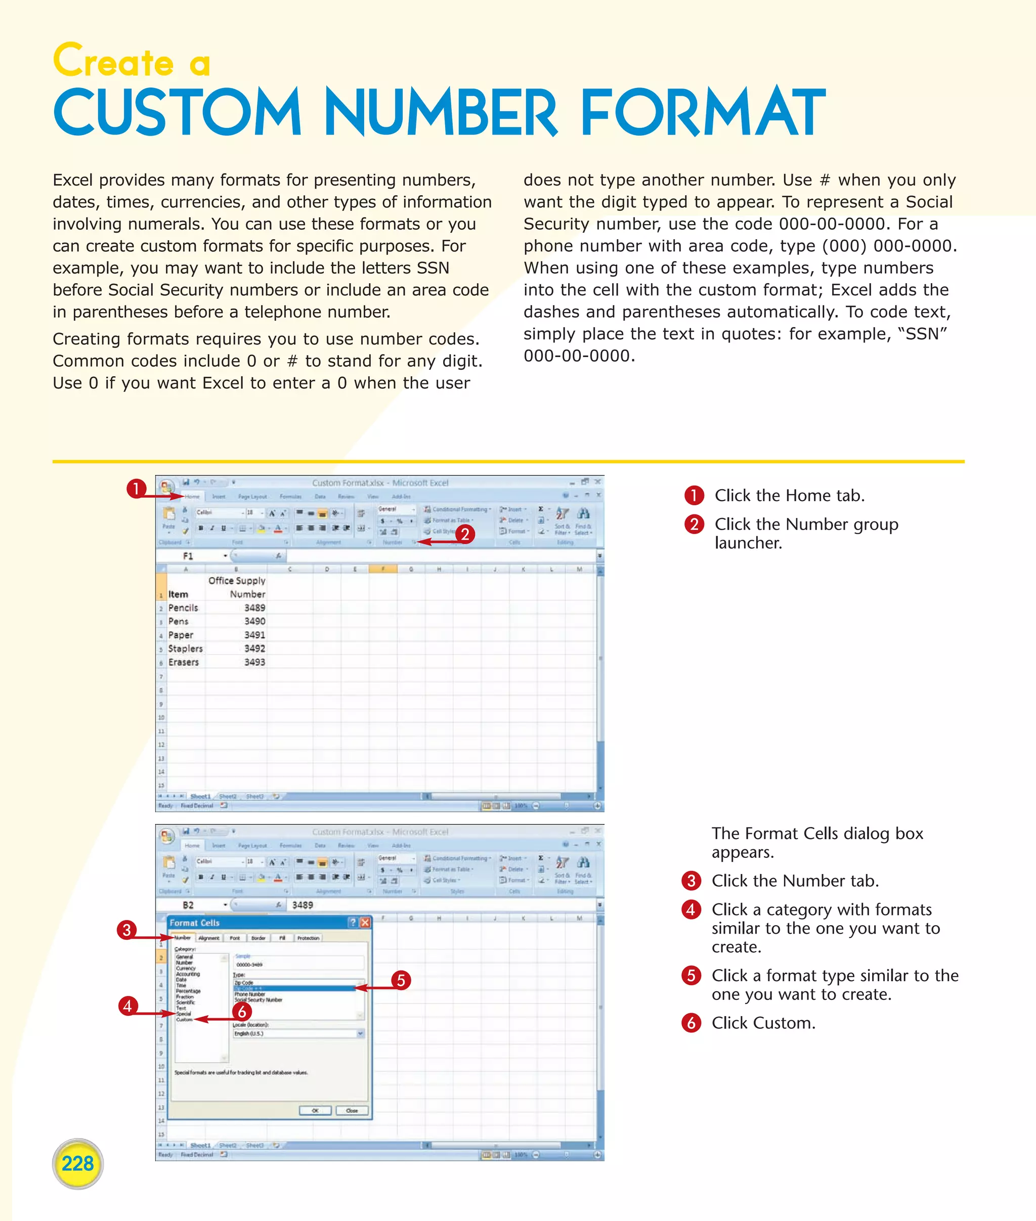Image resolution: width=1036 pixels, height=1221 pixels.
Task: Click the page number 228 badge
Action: (x=77, y=1163)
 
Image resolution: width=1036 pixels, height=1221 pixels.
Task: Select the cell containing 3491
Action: (x=254, y=635)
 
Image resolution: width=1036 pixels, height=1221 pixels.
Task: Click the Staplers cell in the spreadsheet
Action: (x=185, y=648)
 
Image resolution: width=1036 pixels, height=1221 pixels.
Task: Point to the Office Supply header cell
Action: (x=237, y=580)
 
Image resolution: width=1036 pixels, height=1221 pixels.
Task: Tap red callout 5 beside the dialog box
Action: (x=401, y=980)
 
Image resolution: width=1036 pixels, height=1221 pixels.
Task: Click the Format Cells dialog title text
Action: (x=194, y=923)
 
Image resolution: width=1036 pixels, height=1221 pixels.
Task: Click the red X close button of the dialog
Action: (x=365, y=923)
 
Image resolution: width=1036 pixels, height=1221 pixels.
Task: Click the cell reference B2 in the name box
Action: (x=188, y=905)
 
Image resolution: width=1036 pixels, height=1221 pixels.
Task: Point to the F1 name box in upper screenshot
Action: (x=188, y=555)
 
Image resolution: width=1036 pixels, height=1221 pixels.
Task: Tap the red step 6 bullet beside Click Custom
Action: (x=691, y=1023)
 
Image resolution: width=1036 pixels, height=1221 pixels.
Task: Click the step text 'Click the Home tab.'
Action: (x=789, y=496)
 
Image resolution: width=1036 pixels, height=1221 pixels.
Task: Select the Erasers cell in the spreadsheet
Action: (x=183, y=662)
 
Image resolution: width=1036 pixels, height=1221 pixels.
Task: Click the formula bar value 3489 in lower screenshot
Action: (x=303, y=905)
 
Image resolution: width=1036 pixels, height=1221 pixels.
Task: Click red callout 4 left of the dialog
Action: (x=127, y=1006)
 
